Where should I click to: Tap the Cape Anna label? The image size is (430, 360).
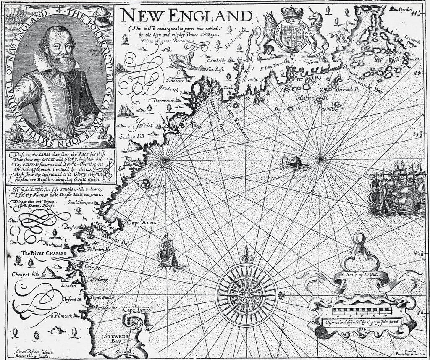[139, 223]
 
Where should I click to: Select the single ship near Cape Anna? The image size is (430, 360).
[169, 252]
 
